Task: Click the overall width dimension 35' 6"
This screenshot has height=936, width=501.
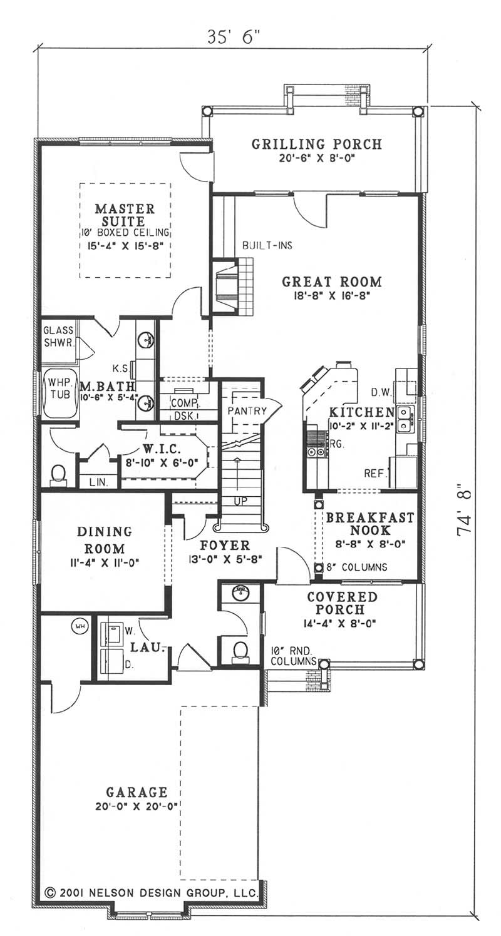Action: coord(234,36)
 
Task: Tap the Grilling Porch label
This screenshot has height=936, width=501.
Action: coord(316,144)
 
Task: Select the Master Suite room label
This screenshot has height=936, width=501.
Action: coord(125,215)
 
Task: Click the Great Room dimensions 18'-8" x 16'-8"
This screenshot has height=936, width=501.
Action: coord(331,298)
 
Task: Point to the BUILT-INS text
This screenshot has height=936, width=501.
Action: coord(267,246)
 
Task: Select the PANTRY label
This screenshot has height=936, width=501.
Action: coord(247,411)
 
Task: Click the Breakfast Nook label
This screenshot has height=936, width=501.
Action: coord(369,524)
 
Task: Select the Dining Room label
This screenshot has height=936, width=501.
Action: coord(104,539)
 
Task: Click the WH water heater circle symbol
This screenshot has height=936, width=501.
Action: coord(80,625)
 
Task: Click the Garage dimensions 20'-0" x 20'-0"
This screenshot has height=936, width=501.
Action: coord(136,807)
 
